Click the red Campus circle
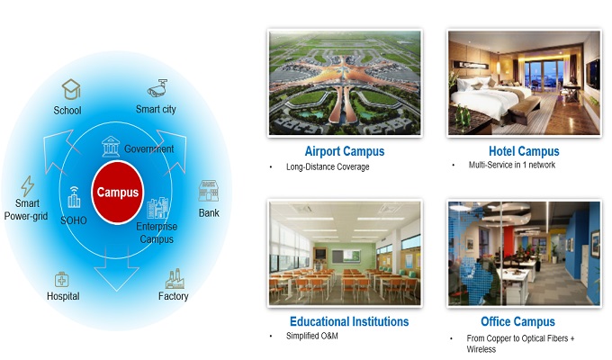[x=118, y=192]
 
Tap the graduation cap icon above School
[x=71, y=89]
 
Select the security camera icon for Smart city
[x=157, y=88]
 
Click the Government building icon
[x=111, y=147]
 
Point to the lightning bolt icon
[x=27, y=186]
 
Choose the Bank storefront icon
[x=209, y=191]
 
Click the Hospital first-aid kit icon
[x=62, y=280]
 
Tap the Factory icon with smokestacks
[x=175, y=278]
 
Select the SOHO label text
[x=74, y=220]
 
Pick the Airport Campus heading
[x=345, y=151]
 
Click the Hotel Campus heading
[x=524, y=151]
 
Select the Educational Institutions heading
[x=349, y=321]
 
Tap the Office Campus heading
[x=517, y=321]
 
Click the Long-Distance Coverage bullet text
[x=328, y=166]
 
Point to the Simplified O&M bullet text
[x=312, y=336]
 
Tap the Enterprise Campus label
[x=157, y=233]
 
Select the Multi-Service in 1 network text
[x=512, y=165]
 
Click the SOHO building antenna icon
[x=74, y=197]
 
